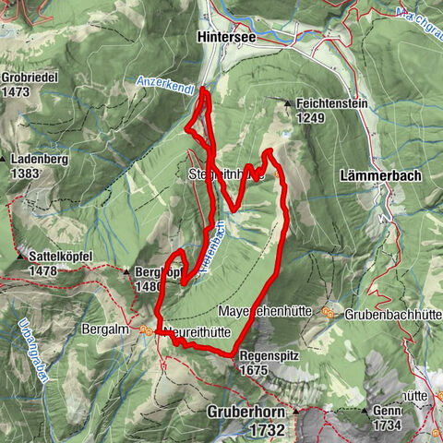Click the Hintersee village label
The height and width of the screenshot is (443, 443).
point(226,39)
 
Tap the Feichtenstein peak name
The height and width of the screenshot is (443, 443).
point(332,104)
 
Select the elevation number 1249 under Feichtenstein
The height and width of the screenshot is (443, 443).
point(314,118)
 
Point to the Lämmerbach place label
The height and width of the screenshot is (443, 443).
point(379,174)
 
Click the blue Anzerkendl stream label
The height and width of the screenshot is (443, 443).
point(165,81)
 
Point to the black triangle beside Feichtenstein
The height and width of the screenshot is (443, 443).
point(289,103)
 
